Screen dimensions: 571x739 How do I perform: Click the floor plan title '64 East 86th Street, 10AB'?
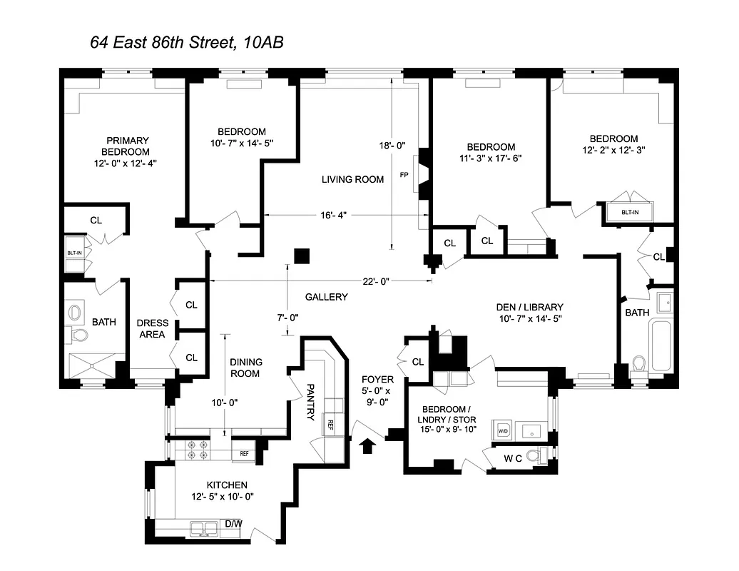[x=187, y=42]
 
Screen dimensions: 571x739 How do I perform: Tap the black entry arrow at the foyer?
[x=368, y=446]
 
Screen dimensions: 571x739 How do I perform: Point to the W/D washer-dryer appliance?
[x=502, y=431]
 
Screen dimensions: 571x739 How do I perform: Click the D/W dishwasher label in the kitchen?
[x=233, y=525]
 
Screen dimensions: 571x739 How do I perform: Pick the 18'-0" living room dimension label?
[x=392, y=146]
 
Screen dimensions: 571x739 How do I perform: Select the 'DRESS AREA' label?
[x=152, y=328]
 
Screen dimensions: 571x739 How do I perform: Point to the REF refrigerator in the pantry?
[x=330, y=423]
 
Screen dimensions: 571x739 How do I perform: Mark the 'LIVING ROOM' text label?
[x=352, y=179]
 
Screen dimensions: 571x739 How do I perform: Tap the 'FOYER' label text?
[x=377, y=379]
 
